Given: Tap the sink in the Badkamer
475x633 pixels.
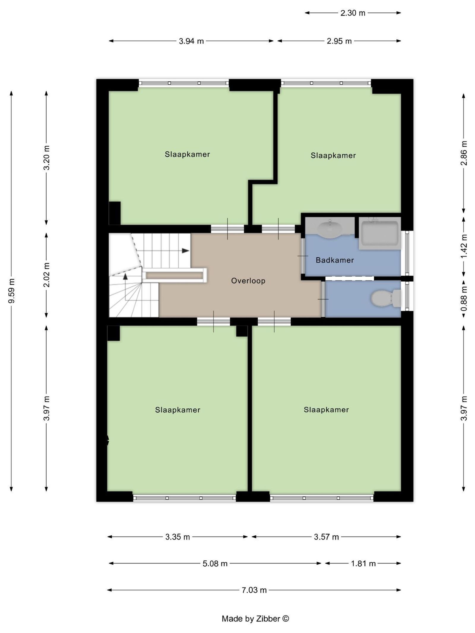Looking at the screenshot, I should tap(330, 229).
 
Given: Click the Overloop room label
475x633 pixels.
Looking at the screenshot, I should tap(248, 281).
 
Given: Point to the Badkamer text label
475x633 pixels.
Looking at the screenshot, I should tap(335, 260).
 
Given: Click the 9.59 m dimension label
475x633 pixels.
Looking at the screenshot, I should tap(11, 291).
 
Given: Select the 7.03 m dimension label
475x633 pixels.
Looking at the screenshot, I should tap(254, 590).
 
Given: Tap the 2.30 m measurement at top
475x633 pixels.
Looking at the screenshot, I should tap(353, 13).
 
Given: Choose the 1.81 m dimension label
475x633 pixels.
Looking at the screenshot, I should tap(363, 563).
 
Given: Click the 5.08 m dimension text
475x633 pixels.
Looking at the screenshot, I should tap(215, 563).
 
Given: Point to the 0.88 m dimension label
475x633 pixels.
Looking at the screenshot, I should tap(464, 299).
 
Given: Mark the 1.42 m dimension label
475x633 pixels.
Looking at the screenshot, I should tap(464, 246).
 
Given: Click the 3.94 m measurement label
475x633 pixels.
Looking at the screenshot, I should tap(191, 41).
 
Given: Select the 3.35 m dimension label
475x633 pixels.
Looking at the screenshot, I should tap(178, 537).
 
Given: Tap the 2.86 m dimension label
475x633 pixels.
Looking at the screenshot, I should tap(464, 153).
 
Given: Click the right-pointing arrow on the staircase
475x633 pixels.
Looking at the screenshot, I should tap(185, 251).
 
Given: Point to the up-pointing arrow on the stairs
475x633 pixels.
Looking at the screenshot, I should tap(125, 276).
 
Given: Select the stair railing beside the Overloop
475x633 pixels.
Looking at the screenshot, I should tap(175, 275).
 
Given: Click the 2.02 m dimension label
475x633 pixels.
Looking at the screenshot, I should tap(46, 275).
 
